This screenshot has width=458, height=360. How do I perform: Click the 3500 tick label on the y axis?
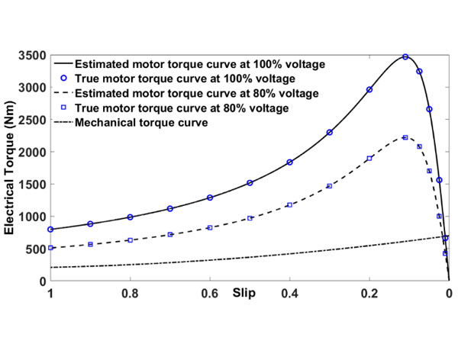(32, 57)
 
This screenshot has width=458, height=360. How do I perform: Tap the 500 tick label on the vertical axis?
(35, 249)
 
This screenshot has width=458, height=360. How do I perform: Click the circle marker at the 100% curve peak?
(405, 57)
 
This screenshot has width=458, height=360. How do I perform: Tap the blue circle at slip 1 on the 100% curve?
(50, 230)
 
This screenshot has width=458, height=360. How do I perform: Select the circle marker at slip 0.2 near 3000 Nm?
(369, 89)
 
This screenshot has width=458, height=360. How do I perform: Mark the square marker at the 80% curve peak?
(405, 137)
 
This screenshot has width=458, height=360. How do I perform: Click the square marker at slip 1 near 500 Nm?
(50, 248)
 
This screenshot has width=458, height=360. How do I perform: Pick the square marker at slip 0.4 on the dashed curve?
(289, 205)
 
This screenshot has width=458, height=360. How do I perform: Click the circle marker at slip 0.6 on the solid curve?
(210, 198)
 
